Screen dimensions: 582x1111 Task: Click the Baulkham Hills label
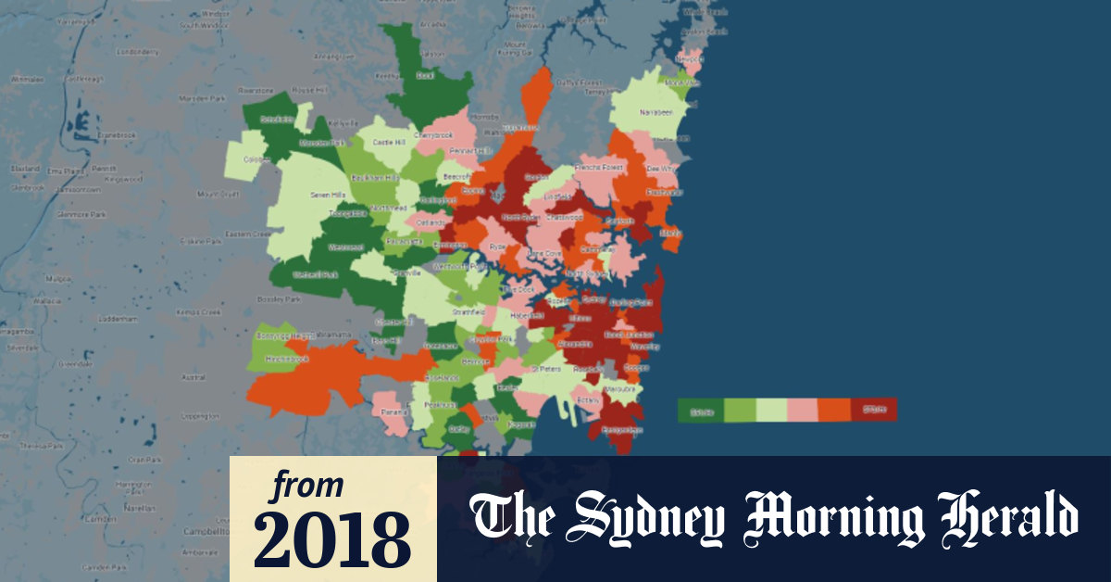pos(381,177)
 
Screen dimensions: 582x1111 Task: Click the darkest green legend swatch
pos(700,410)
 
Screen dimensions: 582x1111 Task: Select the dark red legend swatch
pos(874,410)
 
